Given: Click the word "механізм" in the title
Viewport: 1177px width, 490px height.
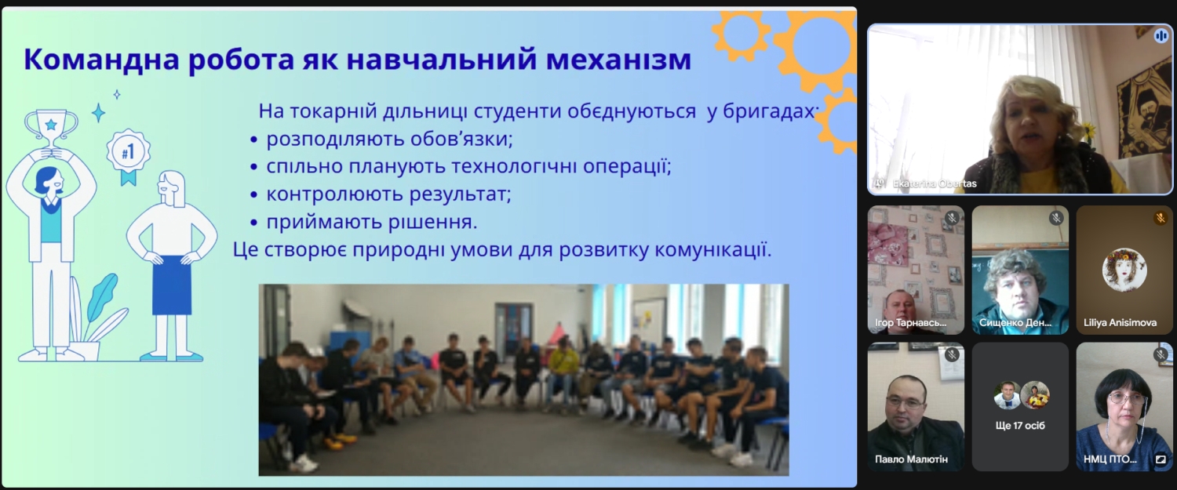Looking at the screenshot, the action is tap(619, 59).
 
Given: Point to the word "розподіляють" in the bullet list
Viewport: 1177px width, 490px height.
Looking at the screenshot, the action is tap(335, 140).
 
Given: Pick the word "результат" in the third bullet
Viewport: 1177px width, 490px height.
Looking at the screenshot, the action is tap(460, 194).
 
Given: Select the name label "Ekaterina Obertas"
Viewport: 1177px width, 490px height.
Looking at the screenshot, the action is tap(935, 183).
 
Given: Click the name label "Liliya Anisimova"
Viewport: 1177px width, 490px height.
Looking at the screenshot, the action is tap(1120, 322).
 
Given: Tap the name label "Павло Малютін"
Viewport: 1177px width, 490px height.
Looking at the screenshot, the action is tap(911, 459).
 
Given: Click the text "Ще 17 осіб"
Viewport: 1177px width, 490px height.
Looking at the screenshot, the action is tap(1020, 426).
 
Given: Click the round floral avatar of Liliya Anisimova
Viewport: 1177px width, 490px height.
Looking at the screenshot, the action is tap(1124, 270).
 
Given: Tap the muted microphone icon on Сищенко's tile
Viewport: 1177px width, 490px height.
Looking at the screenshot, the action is tap(1056, 217).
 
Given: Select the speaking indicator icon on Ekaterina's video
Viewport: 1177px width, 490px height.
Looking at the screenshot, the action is tap(1161, 36).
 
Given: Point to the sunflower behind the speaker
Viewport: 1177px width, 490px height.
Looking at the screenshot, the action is tap(1089, 129).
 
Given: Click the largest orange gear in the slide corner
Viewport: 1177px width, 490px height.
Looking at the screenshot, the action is tap(818, 48).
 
